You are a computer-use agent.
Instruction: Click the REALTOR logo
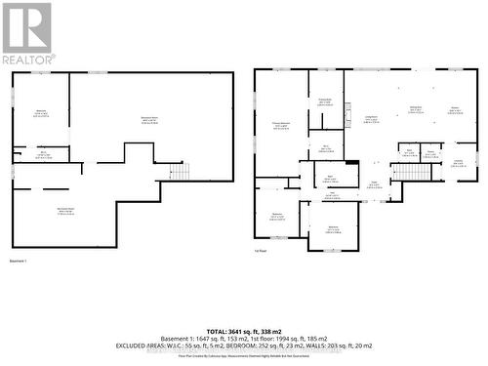26,33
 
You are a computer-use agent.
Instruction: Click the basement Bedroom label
41,113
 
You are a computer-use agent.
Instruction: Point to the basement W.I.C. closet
44,154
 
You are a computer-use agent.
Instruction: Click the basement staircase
180,172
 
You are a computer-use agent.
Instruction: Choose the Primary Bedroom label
281,125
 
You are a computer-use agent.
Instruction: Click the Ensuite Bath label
325,102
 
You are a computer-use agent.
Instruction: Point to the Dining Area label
415,109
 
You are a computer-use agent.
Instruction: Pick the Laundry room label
458,162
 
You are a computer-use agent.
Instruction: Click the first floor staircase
404,173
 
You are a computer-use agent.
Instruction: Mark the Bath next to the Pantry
409,152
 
